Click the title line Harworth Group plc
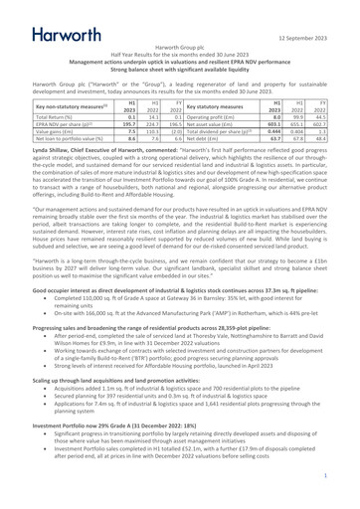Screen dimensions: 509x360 click(x=180, y=48)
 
